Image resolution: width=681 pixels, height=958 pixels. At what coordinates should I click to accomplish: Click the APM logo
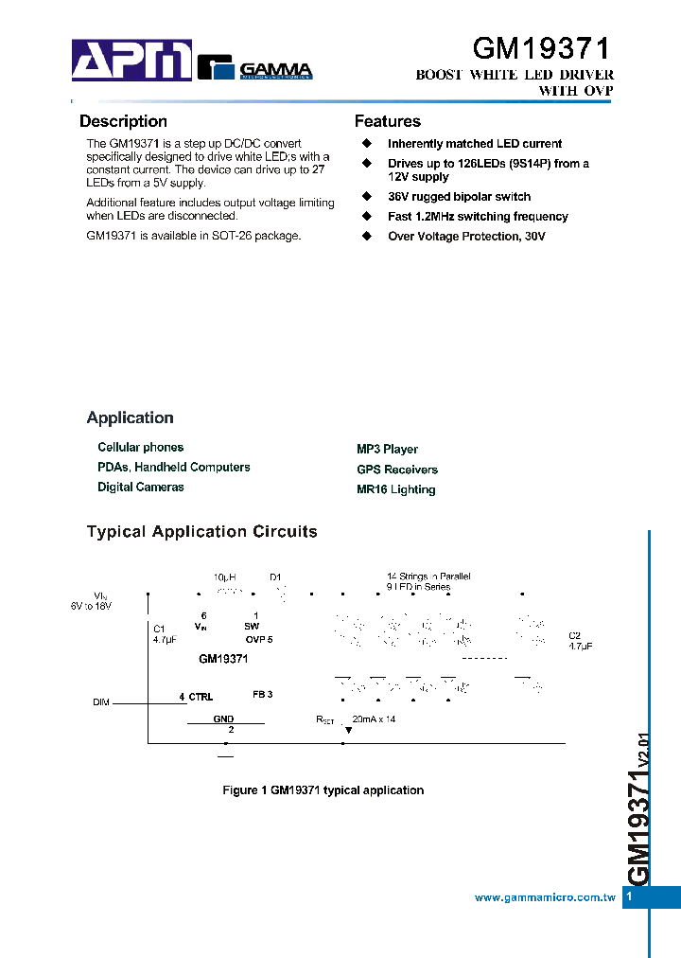(132, 61)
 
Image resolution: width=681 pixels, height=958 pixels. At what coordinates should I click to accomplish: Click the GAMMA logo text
(275, 69)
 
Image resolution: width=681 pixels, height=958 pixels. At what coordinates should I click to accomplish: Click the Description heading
(123, 121)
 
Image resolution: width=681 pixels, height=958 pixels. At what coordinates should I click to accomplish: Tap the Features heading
(387, 121)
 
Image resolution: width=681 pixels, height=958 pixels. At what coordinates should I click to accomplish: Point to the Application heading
(130, 417)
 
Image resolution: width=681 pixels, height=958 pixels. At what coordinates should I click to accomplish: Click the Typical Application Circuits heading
(201, 531)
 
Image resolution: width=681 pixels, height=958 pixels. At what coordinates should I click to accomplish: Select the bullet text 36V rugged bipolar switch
(459, 197)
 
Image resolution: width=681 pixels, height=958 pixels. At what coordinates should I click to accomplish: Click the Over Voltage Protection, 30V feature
(466, 236)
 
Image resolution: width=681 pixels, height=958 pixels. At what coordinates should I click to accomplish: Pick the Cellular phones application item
(140, 447)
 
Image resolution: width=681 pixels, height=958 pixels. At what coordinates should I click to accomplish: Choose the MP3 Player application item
(387, 449)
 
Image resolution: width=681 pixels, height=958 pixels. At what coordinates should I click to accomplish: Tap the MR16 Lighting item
(395, 489)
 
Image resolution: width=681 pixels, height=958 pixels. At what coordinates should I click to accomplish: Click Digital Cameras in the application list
(140, 487)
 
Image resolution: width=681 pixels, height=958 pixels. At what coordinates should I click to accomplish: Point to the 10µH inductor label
(224, 577)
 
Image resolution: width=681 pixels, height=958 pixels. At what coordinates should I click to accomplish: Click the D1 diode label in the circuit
(276, 577)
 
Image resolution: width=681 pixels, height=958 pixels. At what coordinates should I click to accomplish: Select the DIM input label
(101, 701)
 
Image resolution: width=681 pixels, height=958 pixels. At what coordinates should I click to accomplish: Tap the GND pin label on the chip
(223, 719)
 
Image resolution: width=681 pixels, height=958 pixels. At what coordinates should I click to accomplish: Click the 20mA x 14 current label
(374, 719)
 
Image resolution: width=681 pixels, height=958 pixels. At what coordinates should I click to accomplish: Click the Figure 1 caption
(323, 789)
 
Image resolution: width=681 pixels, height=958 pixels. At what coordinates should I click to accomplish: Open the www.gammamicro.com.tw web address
(545, 897)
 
